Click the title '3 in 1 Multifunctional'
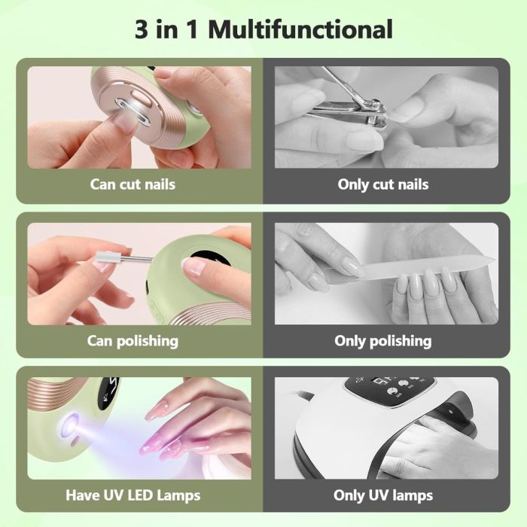tap(263, 29)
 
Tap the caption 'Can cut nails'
tap(133, 184)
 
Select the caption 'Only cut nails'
tap(382, 184)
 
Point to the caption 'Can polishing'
tap(133, 341)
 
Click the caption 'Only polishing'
tap(382, 341)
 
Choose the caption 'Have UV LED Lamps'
tap(133, 495)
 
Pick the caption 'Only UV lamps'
tap(382, 495)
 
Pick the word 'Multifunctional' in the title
tap(300, 29)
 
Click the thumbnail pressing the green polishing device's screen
tap(193, 267)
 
